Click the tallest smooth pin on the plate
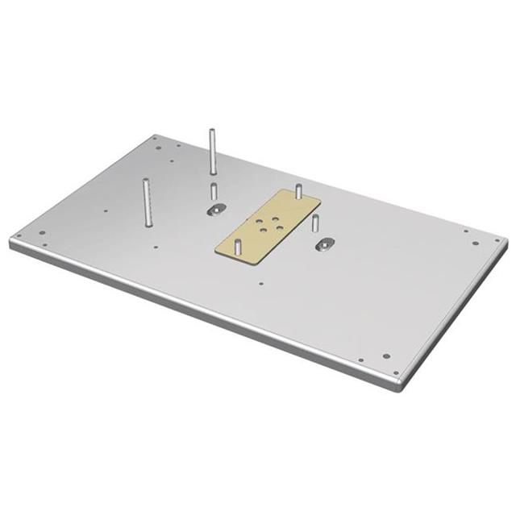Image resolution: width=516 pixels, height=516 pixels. click(x=210, y=151)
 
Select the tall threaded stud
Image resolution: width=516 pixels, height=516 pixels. click(x=146, y=203)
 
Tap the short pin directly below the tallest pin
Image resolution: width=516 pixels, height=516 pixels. click(x=213, y=192)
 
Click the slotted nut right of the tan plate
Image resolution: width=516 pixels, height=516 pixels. click(x=325, y=243)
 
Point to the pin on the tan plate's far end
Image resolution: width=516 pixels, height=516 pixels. click(x=299, y=192)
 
